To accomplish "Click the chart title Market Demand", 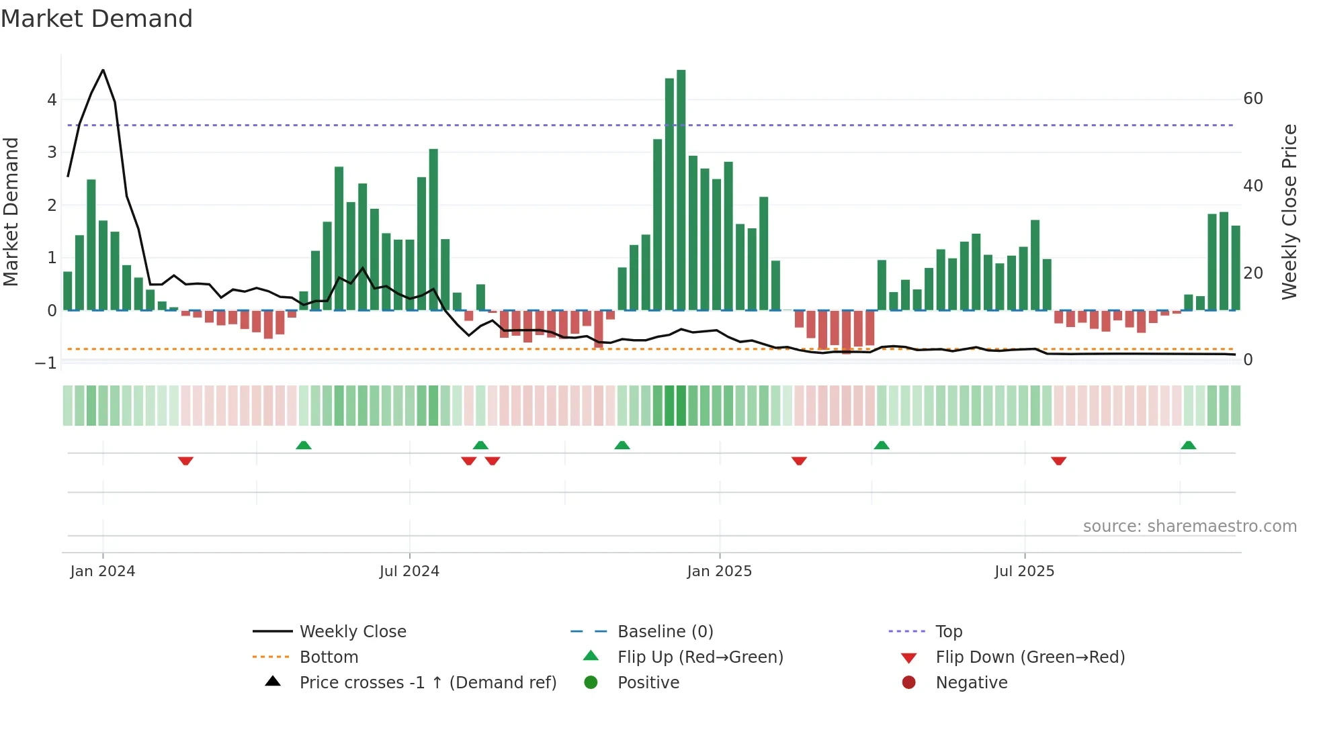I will pos(97,19).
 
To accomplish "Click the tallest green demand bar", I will pos(681,188).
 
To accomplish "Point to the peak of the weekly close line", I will pos(103,70).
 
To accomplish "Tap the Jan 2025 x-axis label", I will pos(719,571).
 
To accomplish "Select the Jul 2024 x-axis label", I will pos(409,571).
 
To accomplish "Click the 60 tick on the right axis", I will pos(1252,99).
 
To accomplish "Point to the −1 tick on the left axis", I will pos(46,363).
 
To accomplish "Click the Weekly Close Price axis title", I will pos(1289,212).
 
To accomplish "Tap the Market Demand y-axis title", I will pos(11,212).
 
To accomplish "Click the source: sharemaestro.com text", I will pos(1189,526).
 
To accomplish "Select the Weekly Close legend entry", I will pos(353,632).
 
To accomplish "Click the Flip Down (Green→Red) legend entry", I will pos(1029,657).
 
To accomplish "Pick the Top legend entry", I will pos(949,632).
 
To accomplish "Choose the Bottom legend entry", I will pos(329,657).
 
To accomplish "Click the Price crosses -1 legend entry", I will pos(427,683).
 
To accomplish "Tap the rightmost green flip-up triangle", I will pos(1188,445).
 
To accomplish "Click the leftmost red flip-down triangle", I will pos(186,461).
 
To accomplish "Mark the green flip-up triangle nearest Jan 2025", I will pos(622,445).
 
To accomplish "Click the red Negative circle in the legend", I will pos(908,683).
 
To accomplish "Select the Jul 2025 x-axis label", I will pos(1024,571).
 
